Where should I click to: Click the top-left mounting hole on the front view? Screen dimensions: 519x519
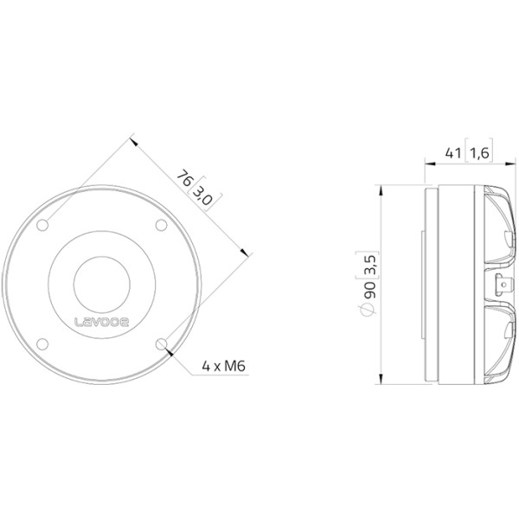(x=42, y=225)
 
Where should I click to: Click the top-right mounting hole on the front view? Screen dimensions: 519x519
(x=161, y=225)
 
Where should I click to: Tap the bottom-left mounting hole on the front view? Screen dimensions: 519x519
(x=42, y=344)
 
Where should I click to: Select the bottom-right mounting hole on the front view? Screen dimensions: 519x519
(x=161, y=344)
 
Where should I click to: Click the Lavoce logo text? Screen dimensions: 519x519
(x=101, y=322)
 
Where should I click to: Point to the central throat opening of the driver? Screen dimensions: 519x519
(x=102, y=285)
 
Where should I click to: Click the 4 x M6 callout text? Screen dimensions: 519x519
(x=224, y=366)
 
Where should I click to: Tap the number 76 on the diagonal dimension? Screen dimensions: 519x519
(x=184, y=178)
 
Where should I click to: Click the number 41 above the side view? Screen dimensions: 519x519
(x=452, y=153)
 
